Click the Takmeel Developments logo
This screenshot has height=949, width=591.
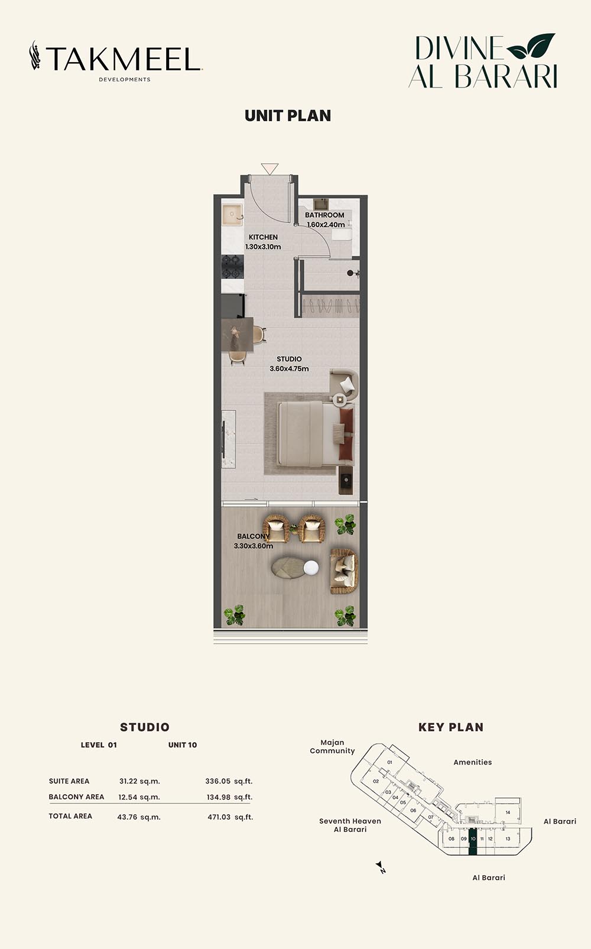click(116, 61)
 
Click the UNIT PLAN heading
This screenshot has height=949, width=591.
click(288, 116)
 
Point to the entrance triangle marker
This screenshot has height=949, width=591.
click(269, 169)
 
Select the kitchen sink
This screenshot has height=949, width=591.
click(232, 215)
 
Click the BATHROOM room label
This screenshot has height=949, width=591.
click(324, 215)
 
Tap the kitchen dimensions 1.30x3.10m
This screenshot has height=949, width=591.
click(263, 247)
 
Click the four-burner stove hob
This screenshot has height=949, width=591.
click(232, 267)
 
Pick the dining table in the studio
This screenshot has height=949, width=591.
click(237, 334)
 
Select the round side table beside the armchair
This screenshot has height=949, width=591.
click(339, 399)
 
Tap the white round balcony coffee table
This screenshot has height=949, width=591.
click(311, 568)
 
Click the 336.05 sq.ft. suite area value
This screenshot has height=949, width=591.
click(229, 781)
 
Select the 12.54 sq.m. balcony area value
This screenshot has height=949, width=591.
click(139, 797)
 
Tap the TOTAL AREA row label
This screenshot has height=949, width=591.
click(70, 816)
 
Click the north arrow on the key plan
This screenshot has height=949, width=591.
click(381, 866)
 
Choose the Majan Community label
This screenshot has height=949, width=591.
click(332, 747)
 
